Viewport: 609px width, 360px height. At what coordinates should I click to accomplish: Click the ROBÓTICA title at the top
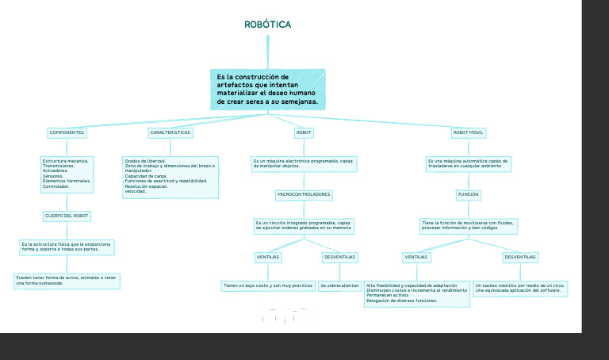[x=268, y=25]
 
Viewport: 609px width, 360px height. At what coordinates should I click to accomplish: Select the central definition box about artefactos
[x=268, y=90]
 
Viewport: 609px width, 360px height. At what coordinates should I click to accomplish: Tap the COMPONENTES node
[x=67, y=132]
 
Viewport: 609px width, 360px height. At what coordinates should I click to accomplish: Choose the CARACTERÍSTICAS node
[x=170, y=132]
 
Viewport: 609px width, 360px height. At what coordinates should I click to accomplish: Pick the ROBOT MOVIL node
[x=468, y=132]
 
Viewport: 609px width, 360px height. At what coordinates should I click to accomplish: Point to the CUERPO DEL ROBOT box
[x=67, y=216]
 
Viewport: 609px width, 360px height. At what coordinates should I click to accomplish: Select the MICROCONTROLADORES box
[x=304, y=194]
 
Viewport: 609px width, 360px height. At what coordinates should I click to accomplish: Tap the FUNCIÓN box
[x=469, y=194]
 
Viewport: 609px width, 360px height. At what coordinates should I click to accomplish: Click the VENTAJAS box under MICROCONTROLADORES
[x=267, y=257]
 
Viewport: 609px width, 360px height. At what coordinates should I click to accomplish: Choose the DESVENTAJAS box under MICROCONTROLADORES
[x=340, y=257]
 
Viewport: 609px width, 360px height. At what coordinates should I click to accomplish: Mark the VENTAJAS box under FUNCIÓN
[x=416, y=257]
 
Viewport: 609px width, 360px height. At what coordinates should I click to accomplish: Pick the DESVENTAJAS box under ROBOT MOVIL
[x=520, y=257]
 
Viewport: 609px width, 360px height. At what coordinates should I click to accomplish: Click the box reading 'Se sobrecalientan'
[x=340, y=285]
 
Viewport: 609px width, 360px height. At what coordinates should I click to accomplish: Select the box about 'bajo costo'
[x=268, y=285]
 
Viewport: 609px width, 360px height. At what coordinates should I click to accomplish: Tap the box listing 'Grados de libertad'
[x=170, y=176]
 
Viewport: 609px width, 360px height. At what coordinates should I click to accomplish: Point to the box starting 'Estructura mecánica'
[x=67, y=174]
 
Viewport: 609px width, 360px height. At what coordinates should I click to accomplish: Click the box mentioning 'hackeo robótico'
[x=520, y=288]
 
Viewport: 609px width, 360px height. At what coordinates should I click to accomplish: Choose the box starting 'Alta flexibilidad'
[x=416, y=293]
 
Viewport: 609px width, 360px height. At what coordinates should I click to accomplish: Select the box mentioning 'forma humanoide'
[x=67, y=281]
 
